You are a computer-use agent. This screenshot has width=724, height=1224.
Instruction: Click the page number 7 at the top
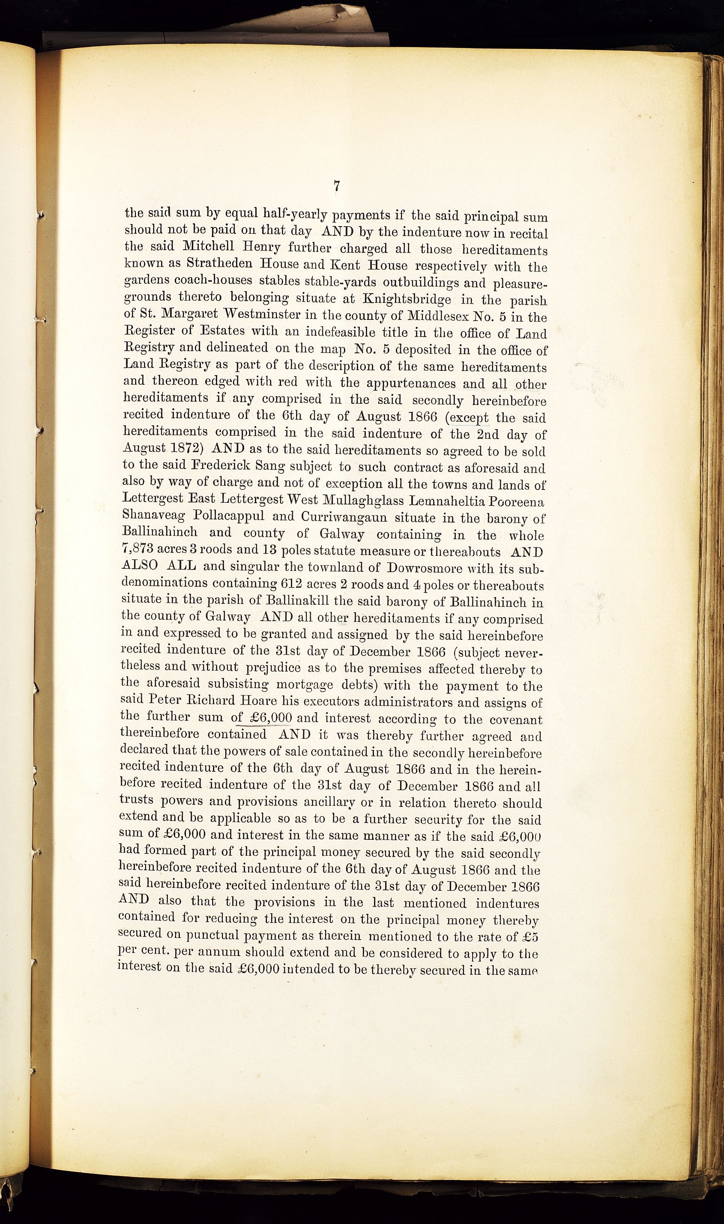[x=337, y=187]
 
